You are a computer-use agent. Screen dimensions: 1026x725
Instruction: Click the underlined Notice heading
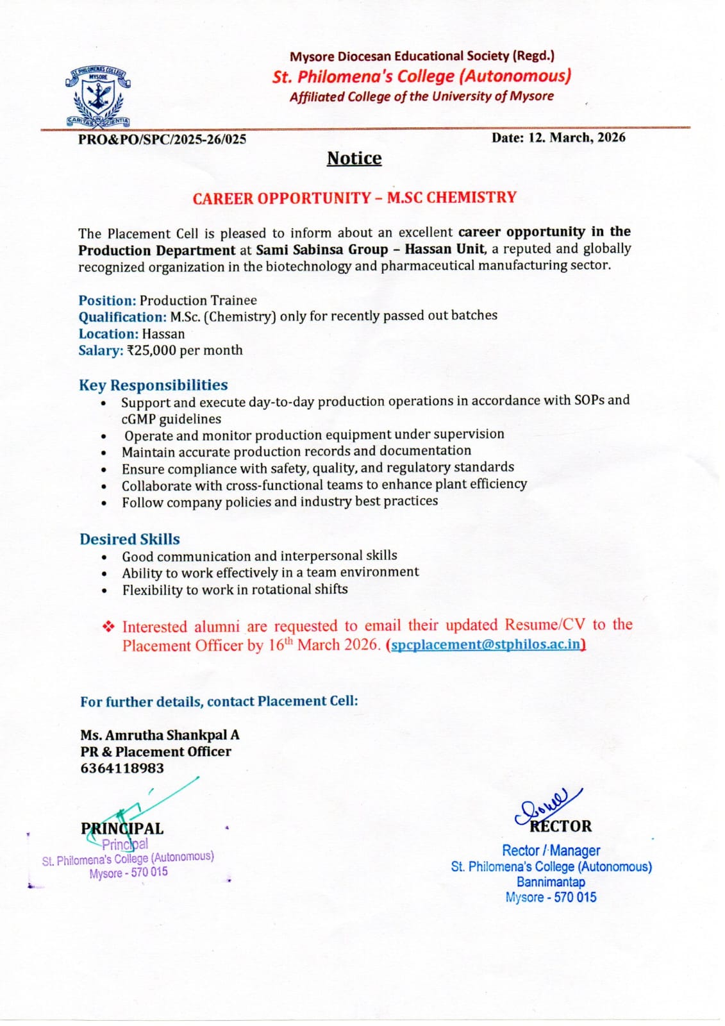coord(354,158)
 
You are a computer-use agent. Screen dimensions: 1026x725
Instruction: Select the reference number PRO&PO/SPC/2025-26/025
coord(162,139)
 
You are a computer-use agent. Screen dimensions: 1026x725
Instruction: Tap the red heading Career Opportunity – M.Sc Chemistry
coord(354,198)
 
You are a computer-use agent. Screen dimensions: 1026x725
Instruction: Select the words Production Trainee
coord(198,300)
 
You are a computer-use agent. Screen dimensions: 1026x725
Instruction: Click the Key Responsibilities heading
coord(153,385)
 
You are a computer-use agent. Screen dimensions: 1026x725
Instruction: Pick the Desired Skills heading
coord(129,539)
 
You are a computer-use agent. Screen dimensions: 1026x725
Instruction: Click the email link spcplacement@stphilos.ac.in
coord(487,644)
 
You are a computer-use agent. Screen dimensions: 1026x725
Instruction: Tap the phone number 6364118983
coord(122,768)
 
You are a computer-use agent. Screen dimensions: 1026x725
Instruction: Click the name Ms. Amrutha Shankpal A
coord(160,735)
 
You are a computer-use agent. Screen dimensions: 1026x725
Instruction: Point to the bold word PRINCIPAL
coord(122,828)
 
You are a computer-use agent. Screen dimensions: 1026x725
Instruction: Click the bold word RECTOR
coord(560,826)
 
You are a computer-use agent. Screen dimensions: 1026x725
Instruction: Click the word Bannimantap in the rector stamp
coord(551,882)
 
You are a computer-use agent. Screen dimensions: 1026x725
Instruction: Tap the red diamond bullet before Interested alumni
coord(108,626)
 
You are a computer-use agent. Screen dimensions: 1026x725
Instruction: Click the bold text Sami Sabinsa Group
coord(322,249)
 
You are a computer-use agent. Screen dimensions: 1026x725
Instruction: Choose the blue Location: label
coord(108,333)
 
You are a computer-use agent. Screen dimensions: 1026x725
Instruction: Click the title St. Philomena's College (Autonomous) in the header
coord(421,76)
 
